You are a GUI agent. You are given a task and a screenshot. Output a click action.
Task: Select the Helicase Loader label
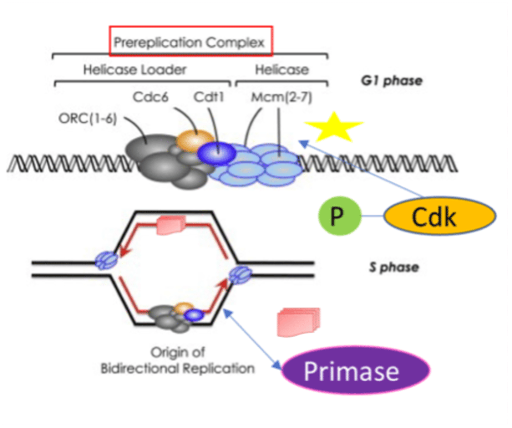click(135, 70)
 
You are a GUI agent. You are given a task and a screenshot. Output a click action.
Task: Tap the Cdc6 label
click(150, 97)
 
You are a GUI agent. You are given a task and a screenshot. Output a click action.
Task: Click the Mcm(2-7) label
click(282, 97)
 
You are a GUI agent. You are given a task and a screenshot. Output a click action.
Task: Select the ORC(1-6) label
click(88, 118)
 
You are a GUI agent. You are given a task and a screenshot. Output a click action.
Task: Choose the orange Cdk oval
click(440, 216)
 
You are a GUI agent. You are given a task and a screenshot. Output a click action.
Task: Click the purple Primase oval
click(355, 371)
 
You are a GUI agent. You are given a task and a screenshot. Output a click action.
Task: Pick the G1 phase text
click(391, 81)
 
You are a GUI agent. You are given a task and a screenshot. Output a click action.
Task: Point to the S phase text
click(394, 267)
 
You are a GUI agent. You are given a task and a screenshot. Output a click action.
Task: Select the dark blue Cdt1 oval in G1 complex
click(217, 153)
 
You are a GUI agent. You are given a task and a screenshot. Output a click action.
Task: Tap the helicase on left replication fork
click(106, 260)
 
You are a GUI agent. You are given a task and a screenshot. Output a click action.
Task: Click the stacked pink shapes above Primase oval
click(298, 322)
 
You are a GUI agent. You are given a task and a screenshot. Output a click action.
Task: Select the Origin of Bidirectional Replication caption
click(178, 360)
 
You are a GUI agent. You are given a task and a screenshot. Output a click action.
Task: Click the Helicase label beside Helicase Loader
click(282, 70)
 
